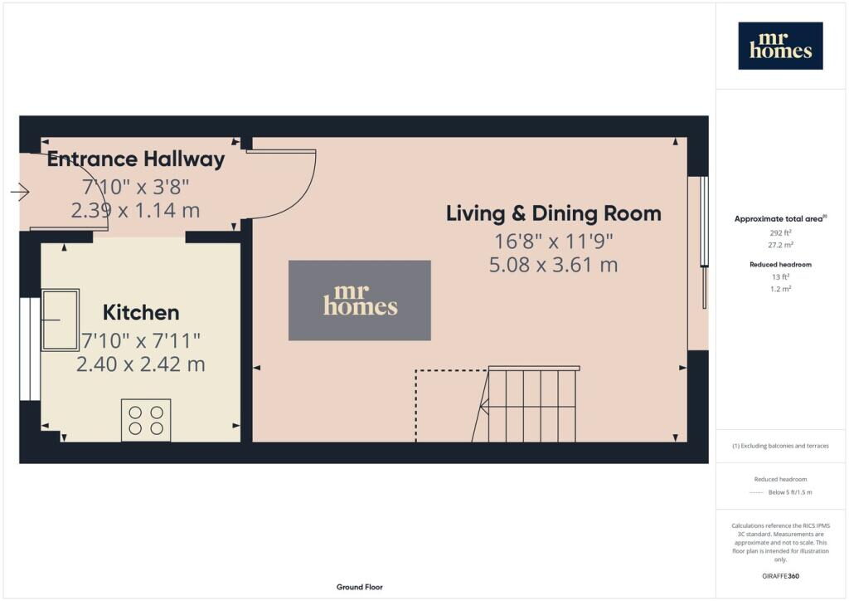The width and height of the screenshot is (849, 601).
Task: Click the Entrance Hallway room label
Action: pos(136,159)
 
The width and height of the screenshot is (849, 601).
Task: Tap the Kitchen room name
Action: pos(141,313)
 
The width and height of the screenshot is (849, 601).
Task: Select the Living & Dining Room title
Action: pos(553,213)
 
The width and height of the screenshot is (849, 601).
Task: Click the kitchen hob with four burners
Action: pos(146,420)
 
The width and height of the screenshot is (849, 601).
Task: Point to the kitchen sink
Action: pos(60,320)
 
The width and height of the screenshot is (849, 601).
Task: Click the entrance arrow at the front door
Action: pos(20,191)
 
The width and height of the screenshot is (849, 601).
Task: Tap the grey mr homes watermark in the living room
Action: pos(360,300)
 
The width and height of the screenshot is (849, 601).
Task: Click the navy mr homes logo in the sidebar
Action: pos(780,46)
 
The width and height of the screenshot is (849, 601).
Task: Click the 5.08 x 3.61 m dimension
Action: pos(553,265)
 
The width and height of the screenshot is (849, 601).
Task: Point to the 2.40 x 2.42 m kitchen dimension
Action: pos(141,364)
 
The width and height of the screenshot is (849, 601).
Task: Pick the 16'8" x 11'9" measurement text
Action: pos(553,242)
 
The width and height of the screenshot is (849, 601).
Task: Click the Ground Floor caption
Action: pos(360,587)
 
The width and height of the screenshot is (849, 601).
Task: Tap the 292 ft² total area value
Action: pos(780,233)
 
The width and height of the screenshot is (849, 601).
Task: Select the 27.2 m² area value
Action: pos(780,245)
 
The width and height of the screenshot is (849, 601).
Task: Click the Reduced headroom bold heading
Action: pos(780,265)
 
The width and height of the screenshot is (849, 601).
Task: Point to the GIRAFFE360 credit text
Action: pos(780,576)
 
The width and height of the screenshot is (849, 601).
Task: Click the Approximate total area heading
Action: pos(780,219)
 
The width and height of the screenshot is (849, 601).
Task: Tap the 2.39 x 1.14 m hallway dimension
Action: pos(135,210)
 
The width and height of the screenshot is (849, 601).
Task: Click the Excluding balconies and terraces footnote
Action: pos(780,446)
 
